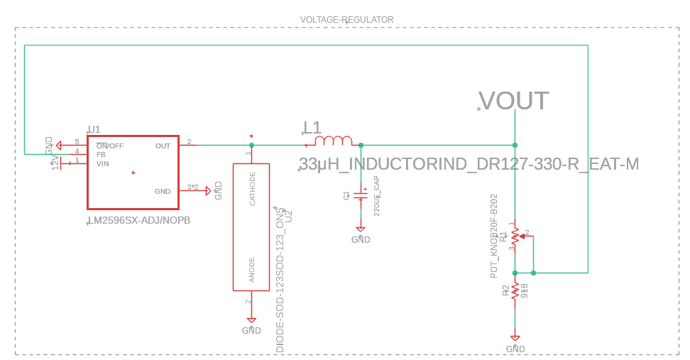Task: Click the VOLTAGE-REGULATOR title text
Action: [x=346, y=19]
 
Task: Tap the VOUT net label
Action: [x=513, y=101]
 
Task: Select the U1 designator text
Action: [x=94, y=129]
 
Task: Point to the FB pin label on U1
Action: [x=101, y=154]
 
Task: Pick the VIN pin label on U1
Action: [x=103, y=163]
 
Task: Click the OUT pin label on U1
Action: [x=163, y=146]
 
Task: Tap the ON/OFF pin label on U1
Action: [x=110, y=146]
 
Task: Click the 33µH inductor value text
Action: [x=469, y=165]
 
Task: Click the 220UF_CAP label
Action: [x=377, y=195]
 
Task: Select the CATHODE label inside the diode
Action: [x=252, y=188]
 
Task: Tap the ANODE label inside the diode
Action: [x=252, y=270]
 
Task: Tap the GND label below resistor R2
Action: [x=515, y=349]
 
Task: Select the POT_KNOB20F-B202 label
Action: [x=494, y=236]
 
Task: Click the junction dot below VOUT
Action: [x=515, y=145]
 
